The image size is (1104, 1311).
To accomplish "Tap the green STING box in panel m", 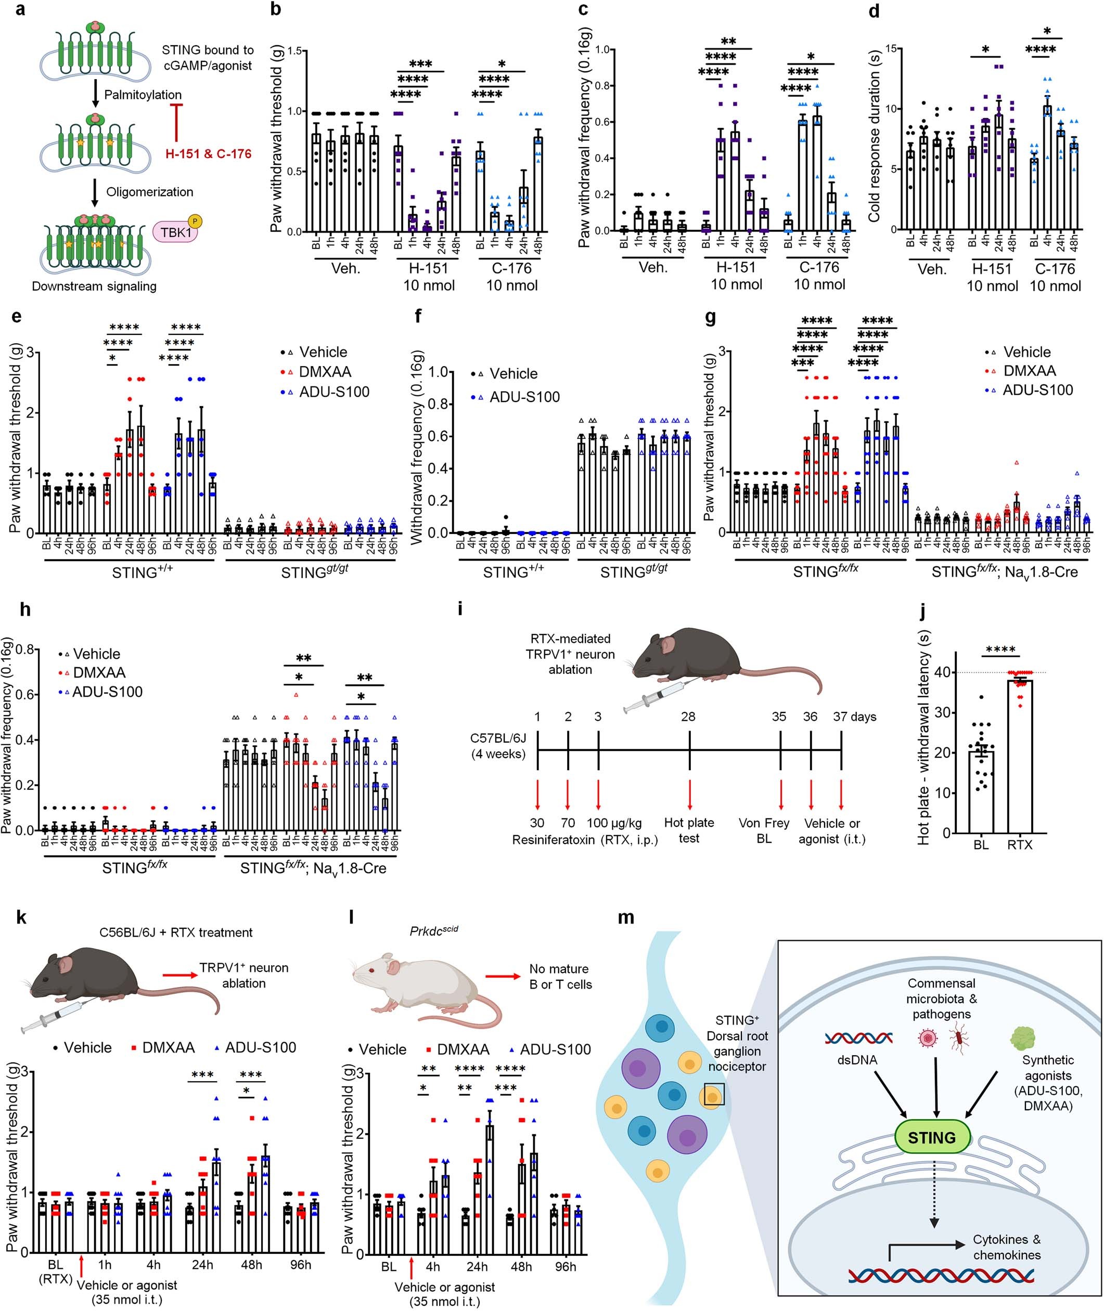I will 932,1137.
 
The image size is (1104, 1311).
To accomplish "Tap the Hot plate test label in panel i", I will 689,830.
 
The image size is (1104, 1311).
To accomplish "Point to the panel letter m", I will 625,917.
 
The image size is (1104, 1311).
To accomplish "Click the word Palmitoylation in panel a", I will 143,95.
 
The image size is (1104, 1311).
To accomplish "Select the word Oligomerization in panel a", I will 150,192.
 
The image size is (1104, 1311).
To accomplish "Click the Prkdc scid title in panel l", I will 434,931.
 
